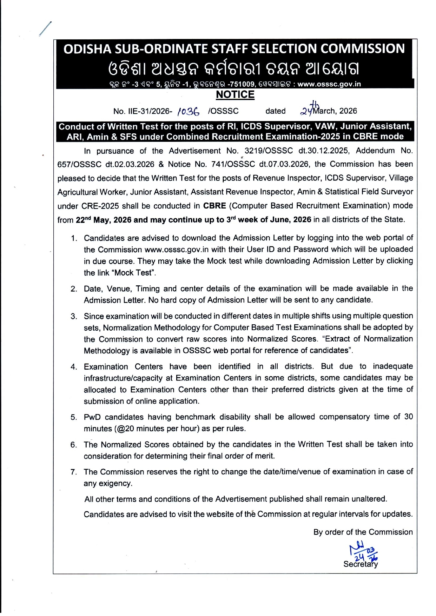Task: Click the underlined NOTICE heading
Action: coord(235,95)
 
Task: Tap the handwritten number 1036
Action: coord(189,112)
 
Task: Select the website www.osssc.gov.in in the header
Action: coord(329,84)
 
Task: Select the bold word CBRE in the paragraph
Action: coord(214,206)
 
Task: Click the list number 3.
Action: coord(73,316)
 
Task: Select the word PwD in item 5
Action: coord(92,417)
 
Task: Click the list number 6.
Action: coord(73,445)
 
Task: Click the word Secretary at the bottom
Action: coord(361,564)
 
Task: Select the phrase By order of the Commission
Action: coord(363,532)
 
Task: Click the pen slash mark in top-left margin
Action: coord(45,29)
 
